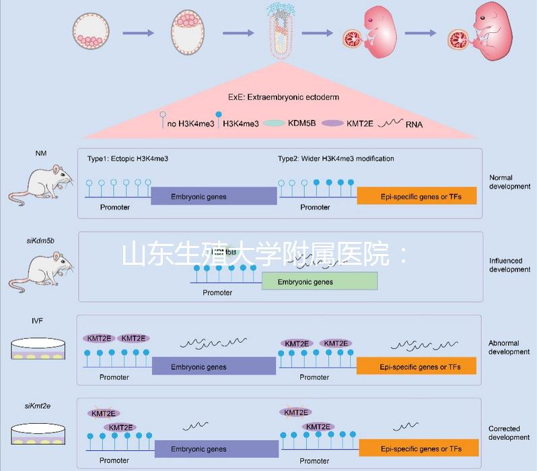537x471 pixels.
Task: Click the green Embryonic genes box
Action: (x=319, y=282)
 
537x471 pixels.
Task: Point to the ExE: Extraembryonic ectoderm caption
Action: (x=283, y=97)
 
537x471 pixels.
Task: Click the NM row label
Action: (x=41, y=154)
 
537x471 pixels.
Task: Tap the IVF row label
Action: (x=37, y=321)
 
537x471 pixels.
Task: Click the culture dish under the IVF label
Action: (x=41, y=349)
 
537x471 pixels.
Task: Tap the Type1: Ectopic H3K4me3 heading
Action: (x=128, y=158)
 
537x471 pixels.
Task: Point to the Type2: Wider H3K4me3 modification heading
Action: (x=336, y=158)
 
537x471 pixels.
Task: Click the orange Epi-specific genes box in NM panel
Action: (x=417, y=196)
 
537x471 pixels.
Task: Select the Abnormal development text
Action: (x=509, y=347)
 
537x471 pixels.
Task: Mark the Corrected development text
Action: (x=509, y=433)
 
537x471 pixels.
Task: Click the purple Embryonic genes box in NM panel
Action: (x=213, y=196)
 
